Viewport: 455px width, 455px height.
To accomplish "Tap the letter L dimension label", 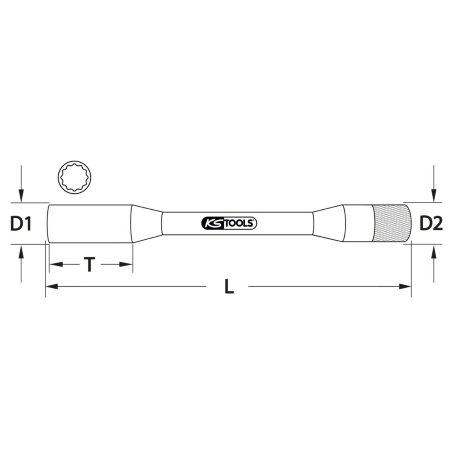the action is tap(229, 286).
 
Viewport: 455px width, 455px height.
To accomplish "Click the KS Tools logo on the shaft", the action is tap(229, 223).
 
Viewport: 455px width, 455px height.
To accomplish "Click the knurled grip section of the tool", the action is tap(391, 223).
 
